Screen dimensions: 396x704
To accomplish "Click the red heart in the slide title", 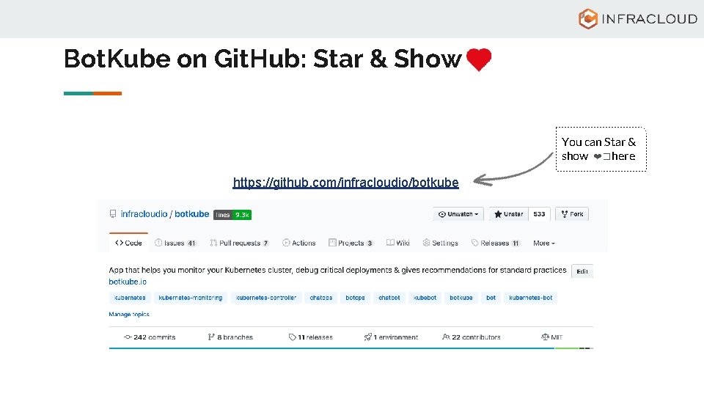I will click(x=478, y=60).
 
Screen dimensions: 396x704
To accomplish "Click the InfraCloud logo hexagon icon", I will click(x=587, y=19).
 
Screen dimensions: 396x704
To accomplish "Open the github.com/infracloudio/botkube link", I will click(x=345, y=182).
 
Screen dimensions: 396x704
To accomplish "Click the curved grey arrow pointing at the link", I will click(x=513, y=170).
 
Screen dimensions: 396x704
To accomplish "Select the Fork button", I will click(x=572, y=214).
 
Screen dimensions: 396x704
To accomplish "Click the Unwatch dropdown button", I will click(x=458, y=214).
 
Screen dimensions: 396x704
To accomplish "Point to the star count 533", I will click(x=539, y=214).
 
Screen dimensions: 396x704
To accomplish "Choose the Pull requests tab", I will click(x=239, y=243).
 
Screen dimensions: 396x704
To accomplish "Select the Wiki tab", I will click(x=398, y=243).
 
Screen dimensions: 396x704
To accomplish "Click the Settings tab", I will click(x=440, y=243).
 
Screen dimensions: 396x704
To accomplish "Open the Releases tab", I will click(x=495, y=243).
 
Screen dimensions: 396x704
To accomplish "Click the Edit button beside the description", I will click(x=582, y=271).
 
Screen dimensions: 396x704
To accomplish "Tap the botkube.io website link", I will click(x=128, y=282).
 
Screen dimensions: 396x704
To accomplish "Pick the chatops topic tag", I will click(x=320, y=298).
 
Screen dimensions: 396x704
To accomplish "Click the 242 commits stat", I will click(x=150, y=337).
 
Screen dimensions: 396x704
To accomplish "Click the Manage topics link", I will click(x=129, y=314).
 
